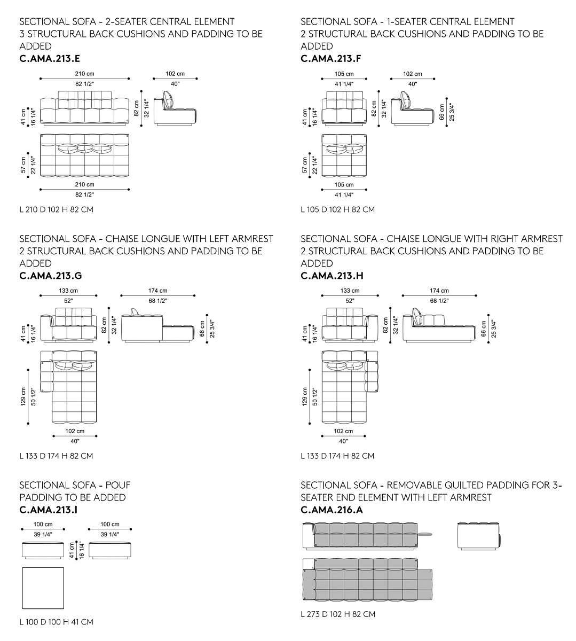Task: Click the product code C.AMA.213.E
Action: coord(50,59)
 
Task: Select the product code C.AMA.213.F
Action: coord(331,59)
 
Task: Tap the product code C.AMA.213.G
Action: coord(50,276)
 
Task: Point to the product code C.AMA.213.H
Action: coord(332,276)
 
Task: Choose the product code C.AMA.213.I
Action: coord(48,510)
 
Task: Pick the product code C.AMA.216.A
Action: coord(332,510)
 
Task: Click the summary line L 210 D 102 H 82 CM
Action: coord(56,209)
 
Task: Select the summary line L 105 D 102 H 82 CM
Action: coord(337,209)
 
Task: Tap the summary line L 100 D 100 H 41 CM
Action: coord(56,622)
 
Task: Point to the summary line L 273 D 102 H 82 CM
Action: coord(337,614)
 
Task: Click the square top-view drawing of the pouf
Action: coord(43,588)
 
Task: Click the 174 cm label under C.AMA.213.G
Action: coord(157,291)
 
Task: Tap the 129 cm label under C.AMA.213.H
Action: coord(305,396)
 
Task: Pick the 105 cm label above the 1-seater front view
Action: coord(344,74)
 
